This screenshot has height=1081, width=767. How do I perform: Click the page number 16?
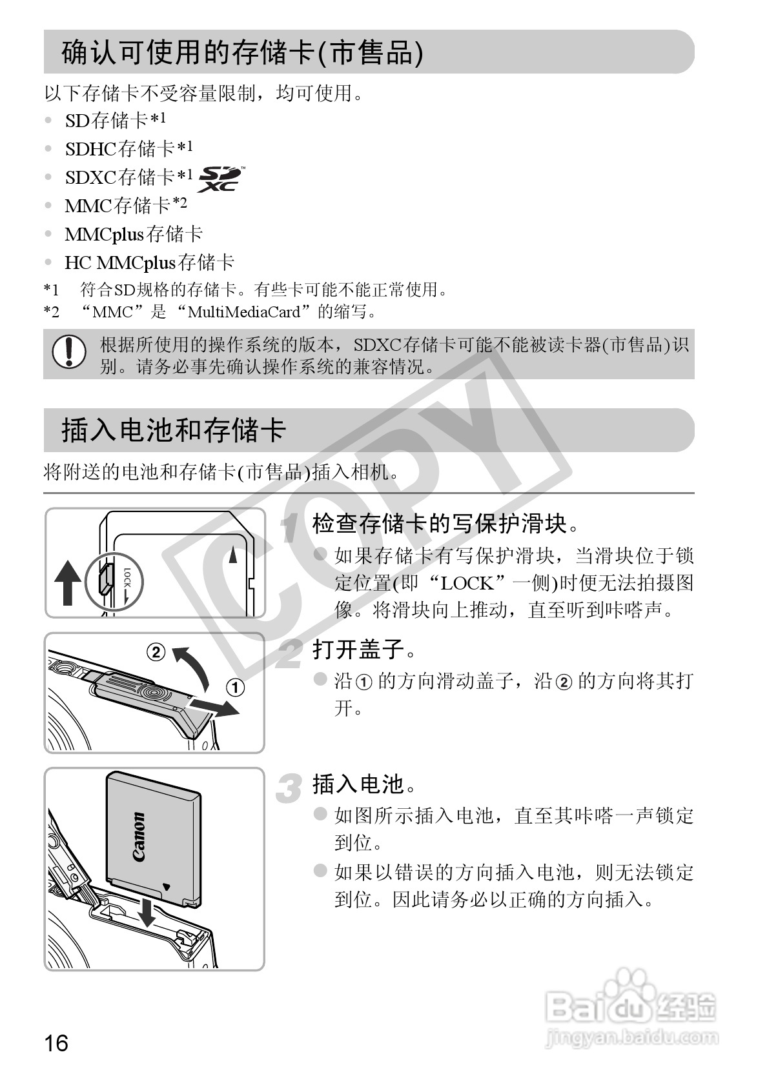click(x=56, y=1042)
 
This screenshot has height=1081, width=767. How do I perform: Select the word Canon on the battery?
click(x=138, y=837)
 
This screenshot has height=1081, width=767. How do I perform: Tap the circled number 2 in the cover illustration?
click(x=156, y=653)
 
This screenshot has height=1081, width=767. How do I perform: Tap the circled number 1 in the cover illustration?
click(x=236, y=688)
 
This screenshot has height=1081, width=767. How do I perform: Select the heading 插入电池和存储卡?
click(x=174, y=430)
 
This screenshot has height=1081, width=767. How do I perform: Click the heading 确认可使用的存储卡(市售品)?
click(x=242, y=52)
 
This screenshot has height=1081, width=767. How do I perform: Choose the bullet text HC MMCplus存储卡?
click(x=149, y=263)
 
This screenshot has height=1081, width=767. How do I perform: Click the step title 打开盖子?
click(x=359, y=650)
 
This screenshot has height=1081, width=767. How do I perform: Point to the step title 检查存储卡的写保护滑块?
click(x=439, y=524)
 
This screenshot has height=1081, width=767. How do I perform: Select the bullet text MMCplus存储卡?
click(x=134, y=234)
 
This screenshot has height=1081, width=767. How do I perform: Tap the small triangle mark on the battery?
click(x=167, y=886)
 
